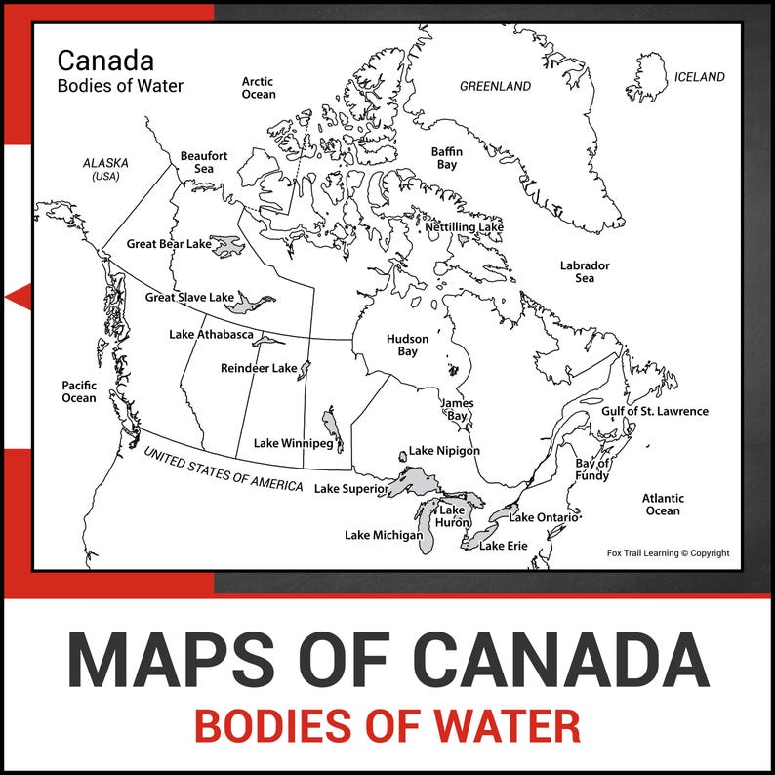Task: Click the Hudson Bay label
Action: (x=407, y=346)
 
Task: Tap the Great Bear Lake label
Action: (x=169, y=244)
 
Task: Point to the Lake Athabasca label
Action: (x=211, y=335)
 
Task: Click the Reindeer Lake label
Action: (x=258, y=369)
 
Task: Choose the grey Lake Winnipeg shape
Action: (x=334, y=428)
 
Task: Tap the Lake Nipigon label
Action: (x=444, y=451)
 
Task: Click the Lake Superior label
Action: (x=352, y=489)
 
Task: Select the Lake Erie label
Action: (x=503, y=546)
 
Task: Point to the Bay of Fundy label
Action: (x=592, y=469)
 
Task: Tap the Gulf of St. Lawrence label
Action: (x=654, y=412)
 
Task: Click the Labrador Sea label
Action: (x=585, y=272)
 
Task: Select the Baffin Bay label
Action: (x=447, y=159)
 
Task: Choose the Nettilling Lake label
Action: (x=464, y=227)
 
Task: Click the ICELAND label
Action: (x=700, y=77)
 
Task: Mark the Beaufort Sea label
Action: (x=204, y=162)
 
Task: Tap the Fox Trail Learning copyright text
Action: (x=668, y=553)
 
